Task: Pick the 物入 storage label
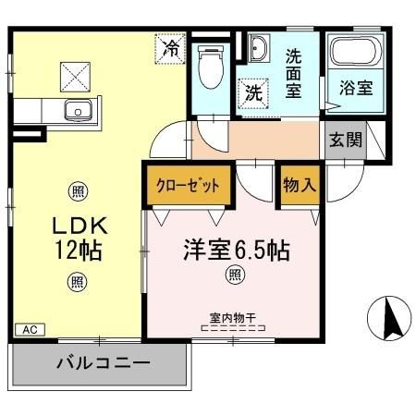300,185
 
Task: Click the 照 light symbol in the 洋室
236,275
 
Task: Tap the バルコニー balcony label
102,363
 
